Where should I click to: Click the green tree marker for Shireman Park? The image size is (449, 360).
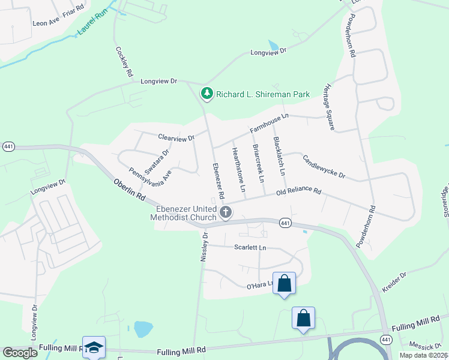(x=207, y=94)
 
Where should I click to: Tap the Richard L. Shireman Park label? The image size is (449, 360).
(x=263, y=94)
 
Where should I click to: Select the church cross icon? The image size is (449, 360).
(x=226, y=212)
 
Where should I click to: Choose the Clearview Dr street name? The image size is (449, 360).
(x=176, y=137)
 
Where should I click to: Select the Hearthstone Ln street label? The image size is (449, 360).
(x=238, y=170)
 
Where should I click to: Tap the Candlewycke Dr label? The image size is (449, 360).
(x=324, y=166)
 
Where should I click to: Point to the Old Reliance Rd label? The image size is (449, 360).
(x=299, y=192)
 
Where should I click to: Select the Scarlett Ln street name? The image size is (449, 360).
(x=250, y=247)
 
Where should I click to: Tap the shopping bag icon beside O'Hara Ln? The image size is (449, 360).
(x=284, y=283)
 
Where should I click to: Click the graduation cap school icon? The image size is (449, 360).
(x=95, y=347)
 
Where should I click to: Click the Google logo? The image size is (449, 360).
(x=20, y=352)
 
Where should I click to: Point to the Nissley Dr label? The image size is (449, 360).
(x=202, y=248)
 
